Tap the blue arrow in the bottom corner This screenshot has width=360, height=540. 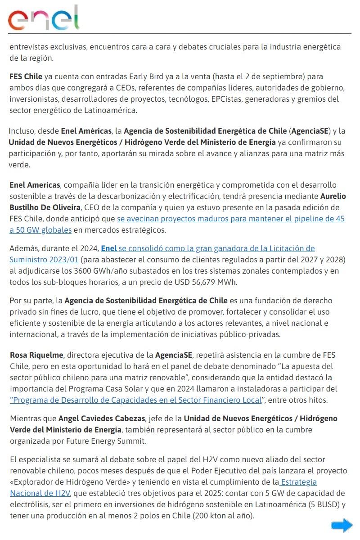click(342, 525)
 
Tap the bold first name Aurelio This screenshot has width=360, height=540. click(333, 197)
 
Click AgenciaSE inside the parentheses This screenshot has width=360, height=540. click(310, 131)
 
